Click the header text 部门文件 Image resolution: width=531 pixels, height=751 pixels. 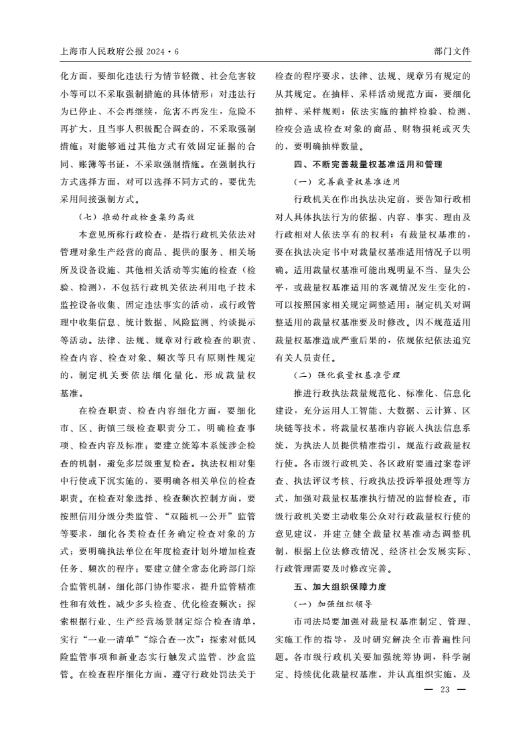[453, 52]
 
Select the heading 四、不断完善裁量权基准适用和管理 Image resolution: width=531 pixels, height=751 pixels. [368, 164]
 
